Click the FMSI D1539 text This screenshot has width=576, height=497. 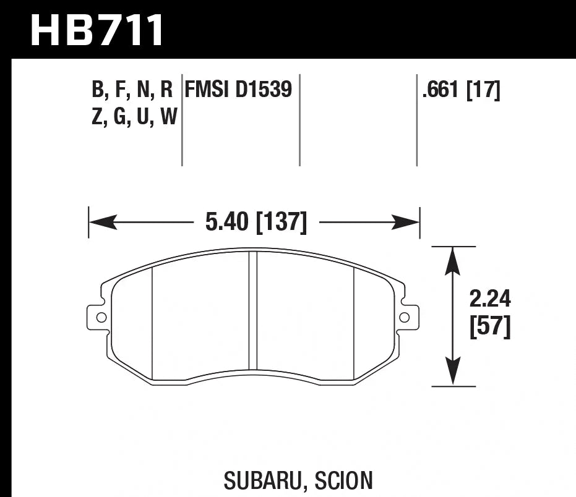click(238, 90)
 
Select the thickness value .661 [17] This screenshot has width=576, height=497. click(460, 91)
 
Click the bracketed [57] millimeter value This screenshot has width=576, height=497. click(490, 328)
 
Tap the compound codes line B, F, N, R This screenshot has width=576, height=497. click(132, 91)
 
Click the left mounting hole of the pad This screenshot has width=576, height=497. click(101, 317)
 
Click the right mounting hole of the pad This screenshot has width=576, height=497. click(404, 317)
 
